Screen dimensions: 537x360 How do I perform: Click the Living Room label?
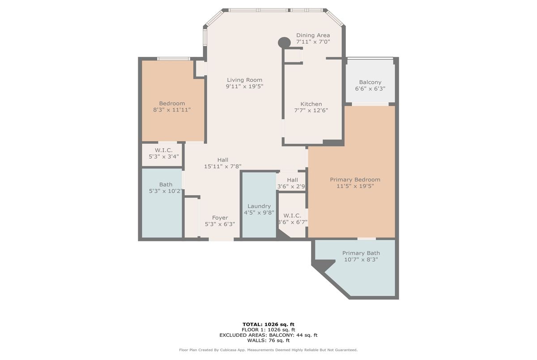pos(244,80)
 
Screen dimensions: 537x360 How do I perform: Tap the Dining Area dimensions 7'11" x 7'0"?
pos(313,42)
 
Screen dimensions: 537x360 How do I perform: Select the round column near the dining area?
pos(284,42)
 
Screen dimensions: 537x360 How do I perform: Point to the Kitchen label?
pos(311,104)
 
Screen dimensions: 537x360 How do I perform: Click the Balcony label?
pos(370,82)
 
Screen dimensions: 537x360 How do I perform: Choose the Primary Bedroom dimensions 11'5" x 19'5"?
pos(355,186)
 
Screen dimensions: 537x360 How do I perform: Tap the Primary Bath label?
pos(361,253)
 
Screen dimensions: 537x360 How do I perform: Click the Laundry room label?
pos(259,206)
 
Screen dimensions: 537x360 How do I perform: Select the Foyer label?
pos(220,218)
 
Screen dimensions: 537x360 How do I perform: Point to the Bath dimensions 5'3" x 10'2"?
pos(166,191)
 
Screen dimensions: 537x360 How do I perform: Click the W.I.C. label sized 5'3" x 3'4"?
pos(164,150)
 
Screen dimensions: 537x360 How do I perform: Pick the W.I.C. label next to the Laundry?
pos(292,216)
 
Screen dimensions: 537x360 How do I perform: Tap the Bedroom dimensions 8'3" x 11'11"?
pos(172,110)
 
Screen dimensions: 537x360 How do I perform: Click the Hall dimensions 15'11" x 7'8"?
pos(223,166)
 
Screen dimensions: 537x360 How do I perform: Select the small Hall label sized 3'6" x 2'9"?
pos(293,180)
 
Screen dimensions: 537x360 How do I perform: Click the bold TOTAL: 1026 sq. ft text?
pos(268,324)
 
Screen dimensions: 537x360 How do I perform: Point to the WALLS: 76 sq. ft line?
pos(268,340)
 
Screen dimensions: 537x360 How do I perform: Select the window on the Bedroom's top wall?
pos(174,59)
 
